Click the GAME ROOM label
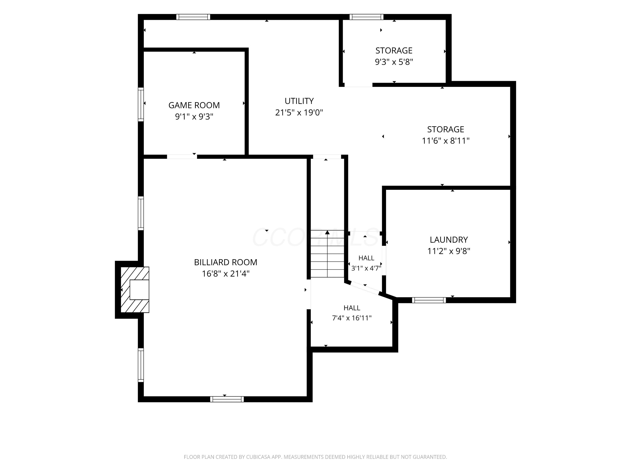pos(194,105)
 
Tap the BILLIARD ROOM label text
pos(226,262)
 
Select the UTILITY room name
pos(299,101)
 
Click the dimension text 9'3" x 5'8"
pos(394,62)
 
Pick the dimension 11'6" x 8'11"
pos(445,141)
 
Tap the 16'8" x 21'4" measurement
pos(226,274)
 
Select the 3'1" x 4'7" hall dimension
pos(366,268)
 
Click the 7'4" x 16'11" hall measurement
pos(352,318)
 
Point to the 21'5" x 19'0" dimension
pos(299,113)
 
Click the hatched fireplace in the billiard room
pos(135,290)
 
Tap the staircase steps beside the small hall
pos(327,254)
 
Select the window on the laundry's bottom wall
pos(429,300)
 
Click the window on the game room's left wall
pos(141,104)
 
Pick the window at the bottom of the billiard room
pos(227,399)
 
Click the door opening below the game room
pos(182,157)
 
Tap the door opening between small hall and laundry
pos(384,260)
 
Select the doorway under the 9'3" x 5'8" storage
pos(359,85)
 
